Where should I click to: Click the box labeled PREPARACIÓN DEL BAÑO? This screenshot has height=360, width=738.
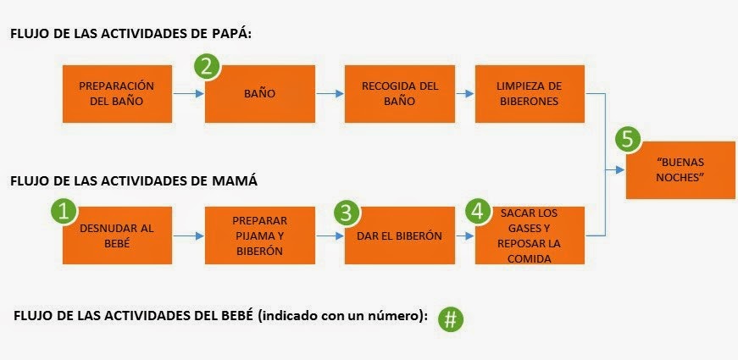pyautogui.click(x=116, y=92)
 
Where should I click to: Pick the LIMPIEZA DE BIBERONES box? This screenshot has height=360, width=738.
pyautogui.click(x=530, y=92)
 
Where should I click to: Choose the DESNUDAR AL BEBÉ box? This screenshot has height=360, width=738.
pyautogui.click(x=116, y=235)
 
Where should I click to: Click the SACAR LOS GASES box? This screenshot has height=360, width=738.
pyautogui.click(x=530, y=235)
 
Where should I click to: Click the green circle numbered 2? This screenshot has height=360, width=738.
pyautogui.click(x=208, y=67)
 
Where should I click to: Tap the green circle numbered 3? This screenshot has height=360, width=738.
pyautogui.click(x=345, y=212)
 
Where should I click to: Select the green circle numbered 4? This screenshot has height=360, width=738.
pyautogui.click(x=479, y=212)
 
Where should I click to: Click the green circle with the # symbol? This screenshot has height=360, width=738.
pyautogui.click(x=452, y=319)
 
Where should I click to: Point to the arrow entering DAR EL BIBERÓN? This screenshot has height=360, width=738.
pyautogui.click(x=327, y=235)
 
